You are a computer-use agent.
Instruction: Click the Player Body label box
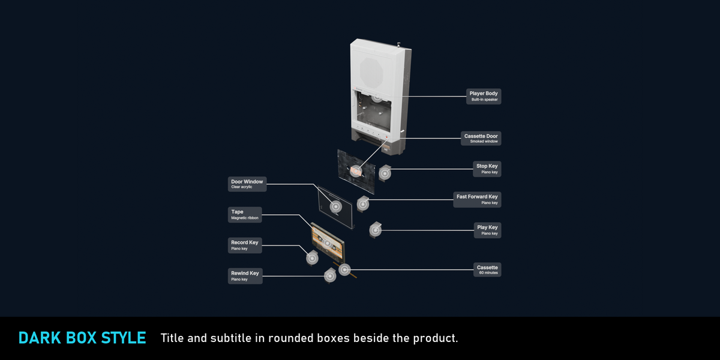click(484, 96)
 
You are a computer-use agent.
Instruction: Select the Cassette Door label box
click(481, 138)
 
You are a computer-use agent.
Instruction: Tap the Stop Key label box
click(487, 169)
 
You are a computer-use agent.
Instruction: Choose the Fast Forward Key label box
click(477, 199)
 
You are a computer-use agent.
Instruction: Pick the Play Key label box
click(487, 230)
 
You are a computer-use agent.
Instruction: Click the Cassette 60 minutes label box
click(487, 269)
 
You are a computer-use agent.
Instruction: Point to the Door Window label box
click(247, 184)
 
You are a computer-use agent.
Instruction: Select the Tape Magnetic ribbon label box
click(245, 215)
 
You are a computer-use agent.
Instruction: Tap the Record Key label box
click(245, 245)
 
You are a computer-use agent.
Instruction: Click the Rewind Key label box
click(245, 276)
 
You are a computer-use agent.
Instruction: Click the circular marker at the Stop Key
click(385, 173)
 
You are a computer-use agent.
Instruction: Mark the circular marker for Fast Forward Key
click(363, 204)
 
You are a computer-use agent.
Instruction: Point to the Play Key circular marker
click(375, 230)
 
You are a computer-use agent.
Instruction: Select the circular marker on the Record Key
click(312, 258)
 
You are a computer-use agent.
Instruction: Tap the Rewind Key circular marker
click(330, 276)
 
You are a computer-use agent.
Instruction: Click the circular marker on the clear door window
click(336, 206)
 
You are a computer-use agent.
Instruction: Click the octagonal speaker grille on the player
click(371, 73)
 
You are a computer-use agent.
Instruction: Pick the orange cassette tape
click(328, 243)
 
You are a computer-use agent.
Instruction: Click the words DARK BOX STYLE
click(82, 338)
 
